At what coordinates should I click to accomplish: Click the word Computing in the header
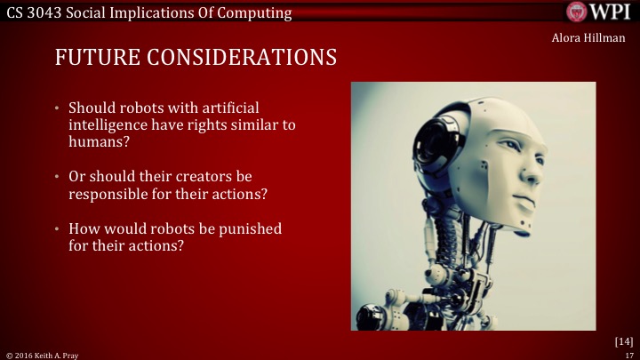[259, 12]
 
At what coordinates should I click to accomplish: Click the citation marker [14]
[623, 340]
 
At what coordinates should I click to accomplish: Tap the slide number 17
[628, 354]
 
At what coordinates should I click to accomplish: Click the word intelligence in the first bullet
[111, 125]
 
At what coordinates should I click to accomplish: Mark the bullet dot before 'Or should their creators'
[54, 176]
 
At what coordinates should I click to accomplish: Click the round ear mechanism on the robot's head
[445, 142]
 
